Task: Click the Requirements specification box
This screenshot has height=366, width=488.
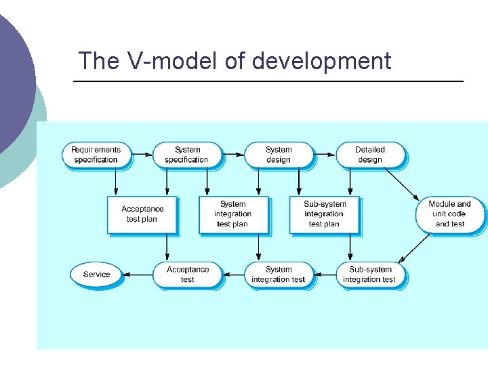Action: (96, 155)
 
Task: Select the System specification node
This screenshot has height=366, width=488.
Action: (187, 155)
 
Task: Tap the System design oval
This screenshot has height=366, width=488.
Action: (279, 155)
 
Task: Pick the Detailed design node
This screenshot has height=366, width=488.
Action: (370, 155)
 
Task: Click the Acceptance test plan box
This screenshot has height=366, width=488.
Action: (142, 214)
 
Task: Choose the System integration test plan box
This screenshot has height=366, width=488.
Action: (233, 214)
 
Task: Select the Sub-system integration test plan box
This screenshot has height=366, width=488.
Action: (325, 214)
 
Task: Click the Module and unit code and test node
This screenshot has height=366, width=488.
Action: (450, 214)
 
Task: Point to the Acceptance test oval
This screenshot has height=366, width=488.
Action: (187, 274)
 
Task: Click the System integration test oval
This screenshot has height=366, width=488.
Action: (279, 274)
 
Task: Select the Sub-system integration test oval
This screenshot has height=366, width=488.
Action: (370, 274)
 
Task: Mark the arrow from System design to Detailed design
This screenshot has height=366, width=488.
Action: (325, 155)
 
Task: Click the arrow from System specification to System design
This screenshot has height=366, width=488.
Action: (232, 155)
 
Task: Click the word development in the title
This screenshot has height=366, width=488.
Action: (321, 61)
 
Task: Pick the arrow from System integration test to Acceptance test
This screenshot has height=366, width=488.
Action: (233, 274)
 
